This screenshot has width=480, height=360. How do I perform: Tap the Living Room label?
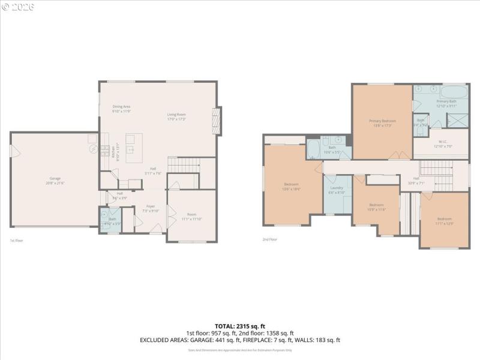(x=176, y=116)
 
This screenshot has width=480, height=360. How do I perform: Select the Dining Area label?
(x=121, y=109)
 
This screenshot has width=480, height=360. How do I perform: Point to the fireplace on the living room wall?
(x=217, y=121)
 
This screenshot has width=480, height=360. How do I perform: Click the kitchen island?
(x=134, y=145)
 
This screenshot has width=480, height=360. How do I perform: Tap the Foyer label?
(x=151, y=208)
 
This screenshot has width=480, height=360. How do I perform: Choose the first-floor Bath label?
(x=112, y=220)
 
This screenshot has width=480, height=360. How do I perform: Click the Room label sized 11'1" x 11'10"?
(x=191, y=216)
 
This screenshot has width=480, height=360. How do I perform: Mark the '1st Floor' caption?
(x=16, y=241)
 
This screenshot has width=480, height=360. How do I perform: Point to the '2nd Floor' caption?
(x=269, y=239)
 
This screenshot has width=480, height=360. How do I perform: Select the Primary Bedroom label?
(x=382, y=123)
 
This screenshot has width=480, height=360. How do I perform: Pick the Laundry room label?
(x=337, y=190)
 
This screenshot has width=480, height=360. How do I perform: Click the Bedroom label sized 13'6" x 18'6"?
(x=292, y=186)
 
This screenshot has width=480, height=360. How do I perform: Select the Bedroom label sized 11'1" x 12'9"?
(x=445, y=220)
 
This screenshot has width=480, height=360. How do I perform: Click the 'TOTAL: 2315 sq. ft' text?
(x=240, y=326)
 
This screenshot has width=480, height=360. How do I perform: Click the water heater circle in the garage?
(x=94, y=150)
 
